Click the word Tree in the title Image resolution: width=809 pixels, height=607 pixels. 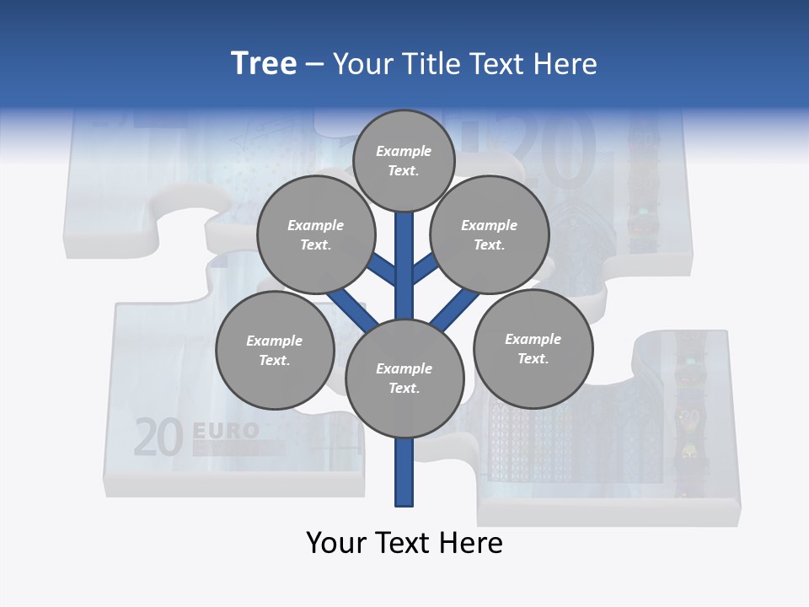pyautogui.click(x=264, y=64)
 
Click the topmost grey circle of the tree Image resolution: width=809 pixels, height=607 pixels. pyautogui.click(x=404, y=160)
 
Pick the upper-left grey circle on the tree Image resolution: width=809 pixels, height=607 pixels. pyautogui.click(x=315, y=234)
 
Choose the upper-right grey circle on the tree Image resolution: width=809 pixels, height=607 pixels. pyautogui.click(x=490, y=234)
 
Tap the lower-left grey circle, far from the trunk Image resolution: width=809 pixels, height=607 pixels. pyautogui.click(x=275, y=350)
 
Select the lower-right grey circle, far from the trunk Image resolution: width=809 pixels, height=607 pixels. pyautogui.click(x=533, y=348)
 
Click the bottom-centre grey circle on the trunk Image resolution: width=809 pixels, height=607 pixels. pyautogui.click(x=404, y=378)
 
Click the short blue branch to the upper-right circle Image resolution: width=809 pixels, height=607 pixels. pyautogui.click(x=425, y=270)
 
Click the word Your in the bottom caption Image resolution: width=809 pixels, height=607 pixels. pyautogui.click(x=337, y=543)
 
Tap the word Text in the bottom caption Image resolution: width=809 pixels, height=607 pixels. pyautogui.click(x=406, y=543)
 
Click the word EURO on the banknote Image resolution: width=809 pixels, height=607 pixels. pyautogui.click(x=226, y=431)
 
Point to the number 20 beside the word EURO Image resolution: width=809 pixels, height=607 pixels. pyautogui.click(x=158, y=438)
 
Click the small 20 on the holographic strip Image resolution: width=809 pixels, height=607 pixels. pyautogui.click(x=690, y=417)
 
